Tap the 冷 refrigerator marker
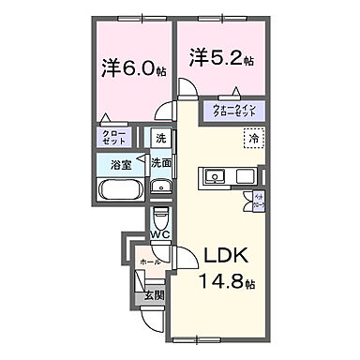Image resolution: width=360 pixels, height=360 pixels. coord(255,139)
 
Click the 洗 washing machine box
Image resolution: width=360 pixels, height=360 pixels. coord(160,139)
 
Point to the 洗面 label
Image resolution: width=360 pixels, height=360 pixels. coord(161,162)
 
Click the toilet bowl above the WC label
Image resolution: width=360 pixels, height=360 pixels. coord(159,215)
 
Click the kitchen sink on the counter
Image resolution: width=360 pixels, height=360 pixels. coord(214,175)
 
